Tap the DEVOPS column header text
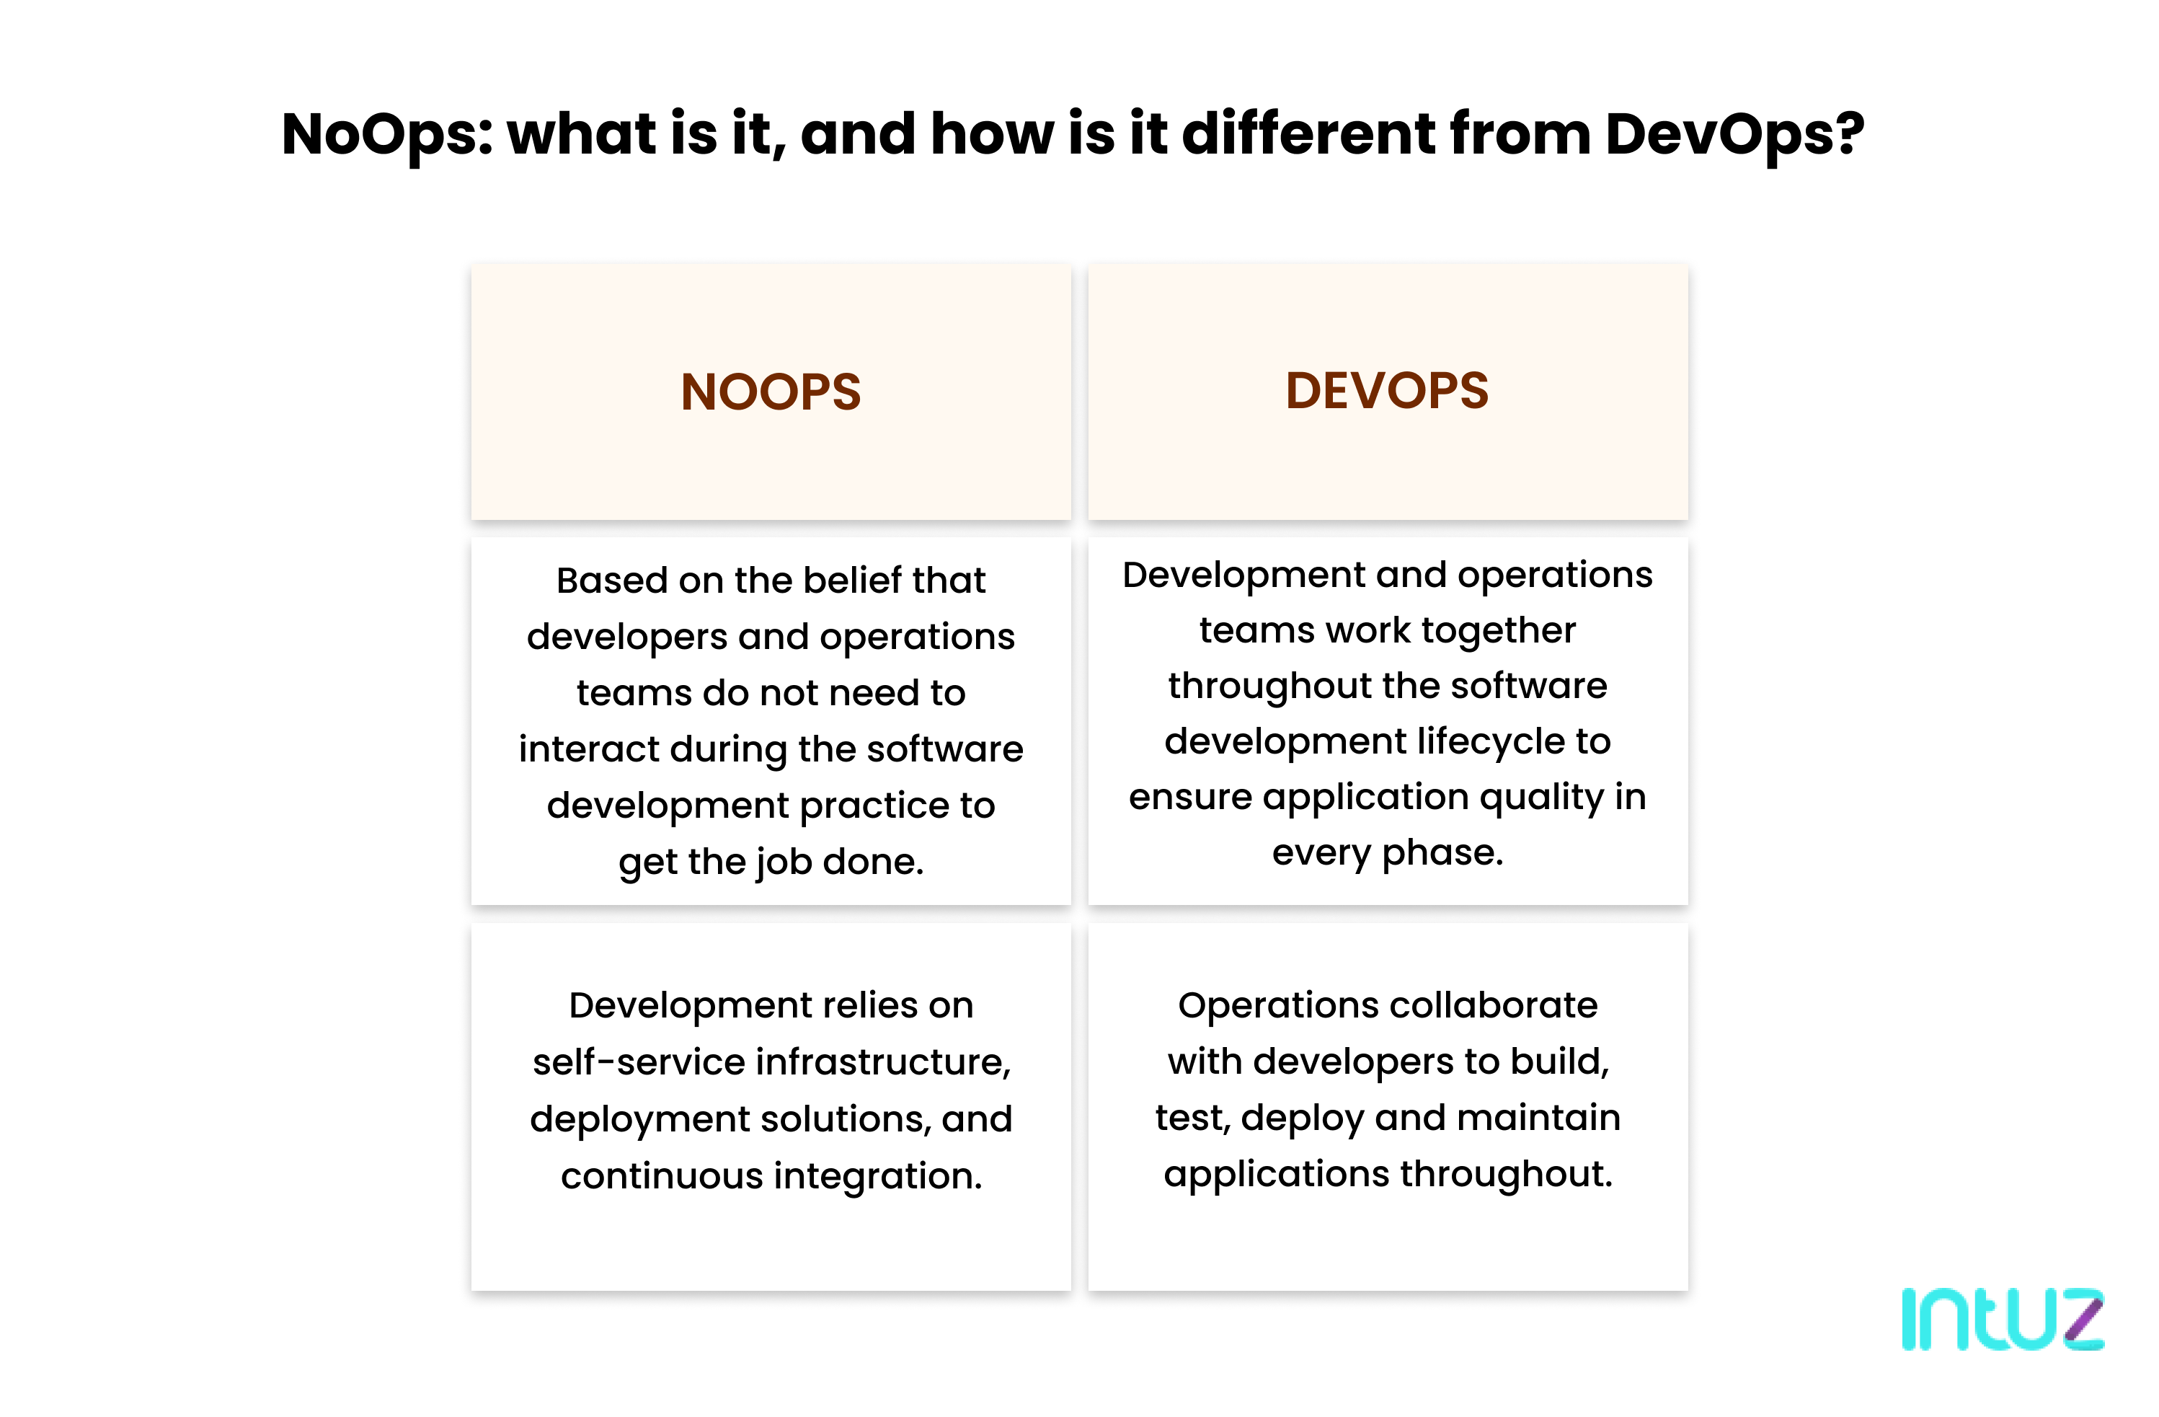coord(1386,391)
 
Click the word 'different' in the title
coord(1308,134)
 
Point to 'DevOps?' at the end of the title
coord(1734,134)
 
